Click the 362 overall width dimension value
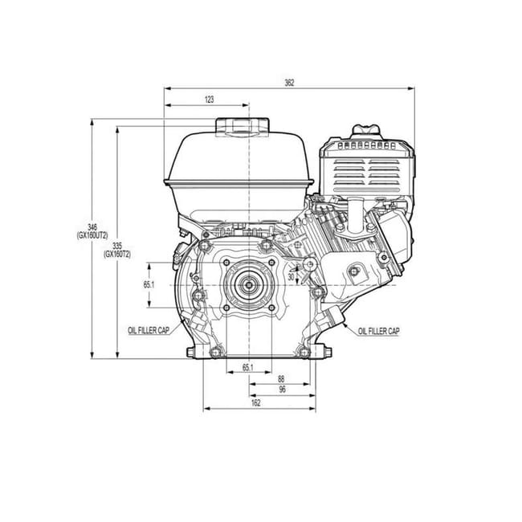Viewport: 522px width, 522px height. (x=289, y=83)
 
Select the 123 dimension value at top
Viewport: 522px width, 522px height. (x=210, y=100)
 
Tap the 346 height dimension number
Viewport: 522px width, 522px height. (x=92, y=228)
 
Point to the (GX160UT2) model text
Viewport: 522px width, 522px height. (x=92, y=235)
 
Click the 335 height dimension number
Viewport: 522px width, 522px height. (x=117, y=247)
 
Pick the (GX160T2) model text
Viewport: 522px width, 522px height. (x=117, y=255)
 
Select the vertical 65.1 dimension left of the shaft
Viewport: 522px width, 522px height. (x=149, y=284)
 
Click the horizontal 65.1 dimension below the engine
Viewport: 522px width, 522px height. (x=248, y=368)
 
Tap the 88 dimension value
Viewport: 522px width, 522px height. (x=281, y=379)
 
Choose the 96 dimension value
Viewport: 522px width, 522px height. (x=283, y=389)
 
